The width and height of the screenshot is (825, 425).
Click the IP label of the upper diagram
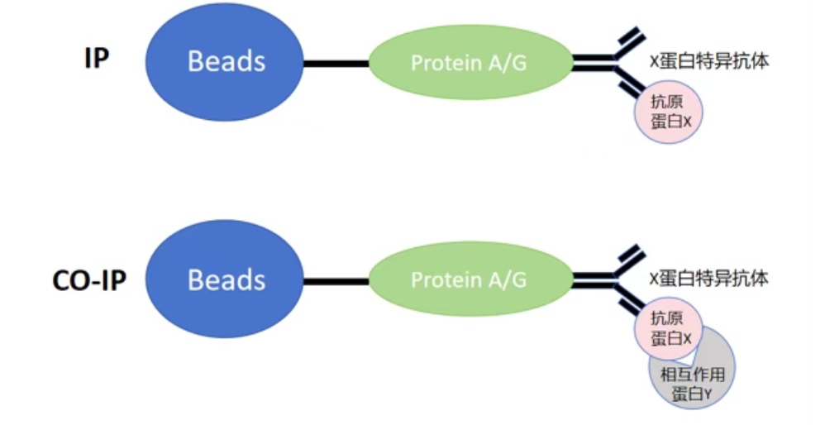(97, 59)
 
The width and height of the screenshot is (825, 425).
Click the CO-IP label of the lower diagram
(89, 280)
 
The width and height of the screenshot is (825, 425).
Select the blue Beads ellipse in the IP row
(225, 62)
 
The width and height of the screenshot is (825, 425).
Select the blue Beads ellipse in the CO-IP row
(225, 279)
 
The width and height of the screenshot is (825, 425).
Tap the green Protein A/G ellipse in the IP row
(470, 62)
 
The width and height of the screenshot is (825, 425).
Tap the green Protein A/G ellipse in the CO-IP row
(470, 279)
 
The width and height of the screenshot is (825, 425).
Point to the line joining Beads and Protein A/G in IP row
(336, 64)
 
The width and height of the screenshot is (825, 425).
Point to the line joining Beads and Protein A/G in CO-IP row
(336, 282)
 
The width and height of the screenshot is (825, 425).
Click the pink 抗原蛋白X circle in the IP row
(669, 112)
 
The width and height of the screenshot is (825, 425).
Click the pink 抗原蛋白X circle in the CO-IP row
(669, 328)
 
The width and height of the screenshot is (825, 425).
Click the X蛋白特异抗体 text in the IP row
(709, 61)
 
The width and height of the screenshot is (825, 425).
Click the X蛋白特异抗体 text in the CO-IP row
(709, 279)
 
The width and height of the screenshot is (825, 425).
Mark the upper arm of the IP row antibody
(630, 42)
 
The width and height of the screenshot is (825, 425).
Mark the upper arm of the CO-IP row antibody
(630, 260)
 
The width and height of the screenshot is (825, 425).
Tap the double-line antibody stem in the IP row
(594, 62)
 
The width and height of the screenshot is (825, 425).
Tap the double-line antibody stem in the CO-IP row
(594, 279)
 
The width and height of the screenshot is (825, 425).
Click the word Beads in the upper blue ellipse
(227, 61)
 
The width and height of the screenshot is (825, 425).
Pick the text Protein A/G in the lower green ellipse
(468, 279)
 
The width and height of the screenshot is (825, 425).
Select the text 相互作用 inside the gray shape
(693, 375)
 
